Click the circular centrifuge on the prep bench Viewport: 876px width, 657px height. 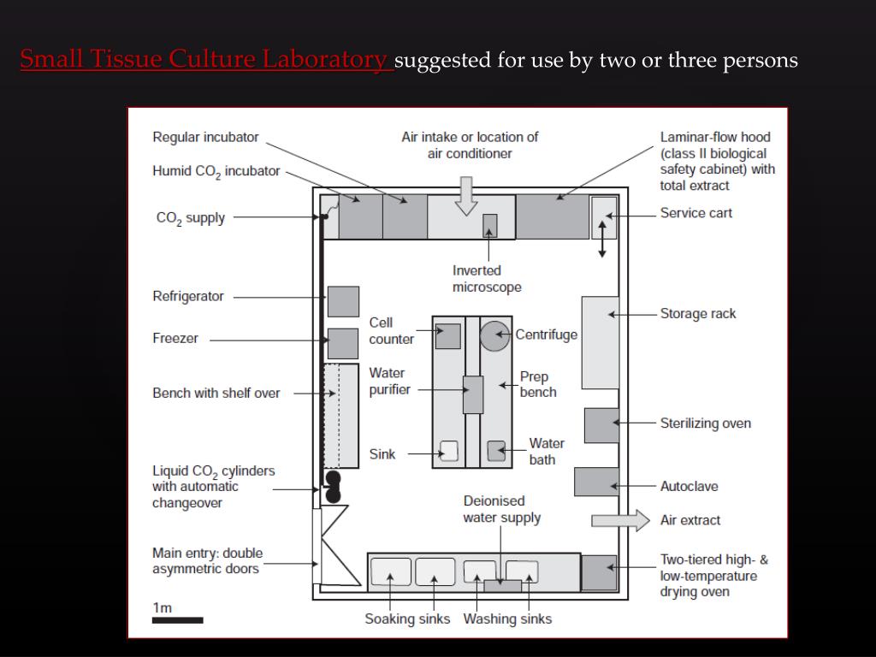tap(494, 335)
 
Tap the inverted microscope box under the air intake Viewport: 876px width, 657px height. tap(489, 225)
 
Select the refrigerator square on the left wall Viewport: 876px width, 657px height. tap(343, 301)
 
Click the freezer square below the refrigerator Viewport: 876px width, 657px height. tap(343, 343)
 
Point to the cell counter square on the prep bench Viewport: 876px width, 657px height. tap(447, 335)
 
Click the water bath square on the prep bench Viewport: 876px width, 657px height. tap(496, 451)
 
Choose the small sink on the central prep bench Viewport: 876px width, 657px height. tap(449, 451)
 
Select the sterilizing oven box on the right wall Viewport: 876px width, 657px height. tap(601, 425)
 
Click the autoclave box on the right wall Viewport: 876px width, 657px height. tap(596, 482)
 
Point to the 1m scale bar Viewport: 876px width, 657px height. tap(178, 619)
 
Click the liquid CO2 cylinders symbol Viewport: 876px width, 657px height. tap(333, 486)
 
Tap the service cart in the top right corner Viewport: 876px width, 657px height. tap(603, 217)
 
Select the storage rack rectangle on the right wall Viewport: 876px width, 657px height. tap(600, 342)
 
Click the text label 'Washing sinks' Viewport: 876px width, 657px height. tap(507, 619)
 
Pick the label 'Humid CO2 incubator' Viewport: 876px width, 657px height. tap(216, 171)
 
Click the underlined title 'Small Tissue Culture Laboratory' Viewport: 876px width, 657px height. tap(206, 60)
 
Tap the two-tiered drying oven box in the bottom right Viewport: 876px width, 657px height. tap(599, 572)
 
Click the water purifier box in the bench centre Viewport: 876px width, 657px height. tap(473, 394)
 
